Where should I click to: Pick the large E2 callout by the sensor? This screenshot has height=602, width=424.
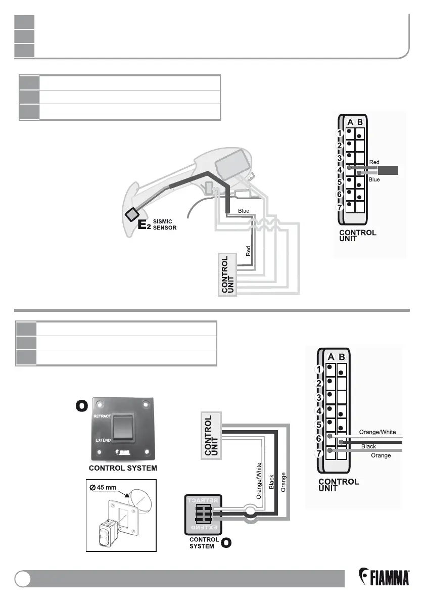145,225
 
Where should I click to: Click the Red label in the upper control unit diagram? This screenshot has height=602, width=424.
374,162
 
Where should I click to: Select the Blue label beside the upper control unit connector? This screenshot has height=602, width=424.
374,179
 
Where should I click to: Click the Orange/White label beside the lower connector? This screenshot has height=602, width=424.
378,432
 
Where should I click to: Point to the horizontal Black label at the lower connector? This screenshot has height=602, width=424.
368,447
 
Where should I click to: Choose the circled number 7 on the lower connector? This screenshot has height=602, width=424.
319,453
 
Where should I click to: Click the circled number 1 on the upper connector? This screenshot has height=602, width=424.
341,133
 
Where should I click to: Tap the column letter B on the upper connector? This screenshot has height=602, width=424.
359,121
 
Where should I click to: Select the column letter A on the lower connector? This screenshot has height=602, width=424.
331,357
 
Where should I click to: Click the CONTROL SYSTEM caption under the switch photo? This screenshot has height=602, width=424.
123,469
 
